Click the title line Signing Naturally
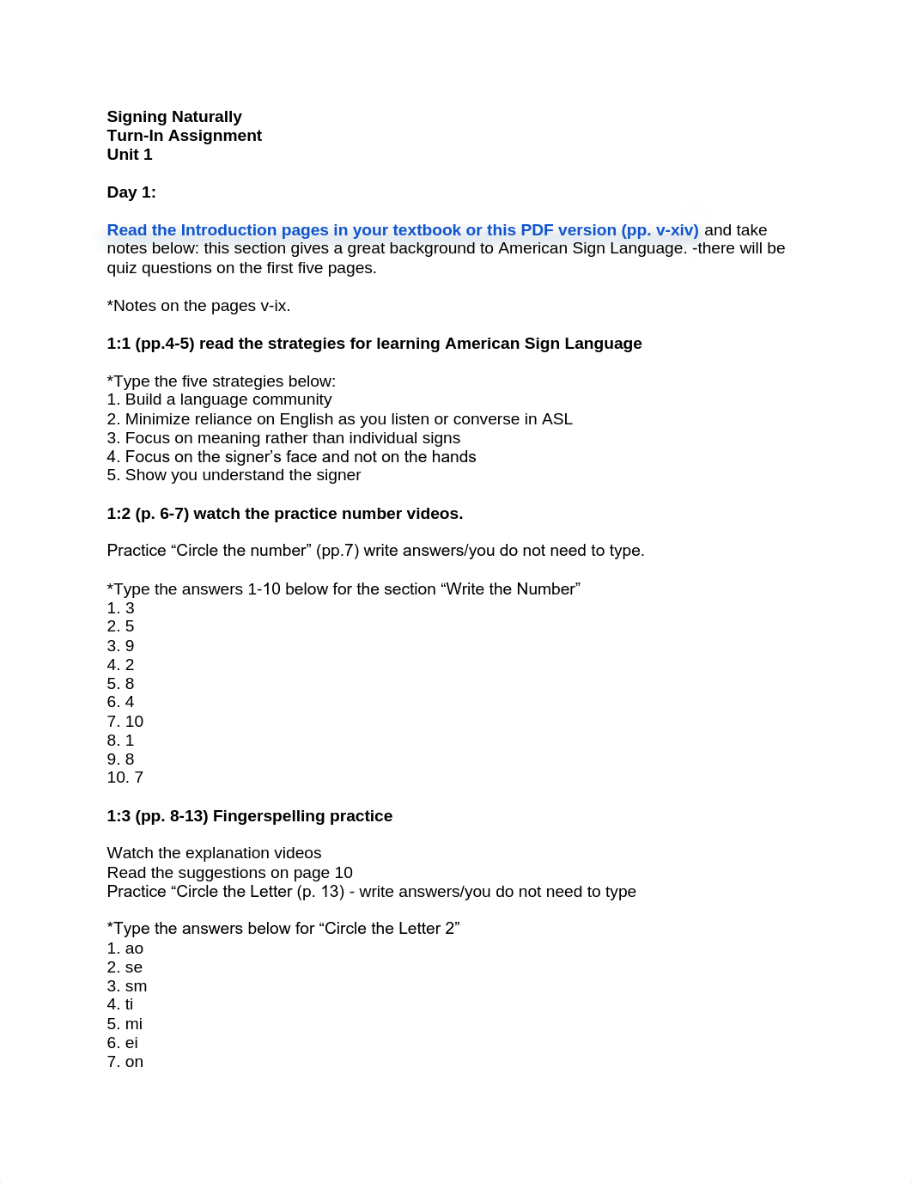174,117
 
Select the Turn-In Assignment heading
184,136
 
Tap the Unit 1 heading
130,155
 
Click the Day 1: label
131,192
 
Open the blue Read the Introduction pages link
402,230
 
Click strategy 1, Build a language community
219,399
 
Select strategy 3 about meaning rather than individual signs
283,438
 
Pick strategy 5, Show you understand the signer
234,475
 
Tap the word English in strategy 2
306,419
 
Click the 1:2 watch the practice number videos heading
284,514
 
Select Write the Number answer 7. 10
125,722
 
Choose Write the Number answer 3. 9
120,646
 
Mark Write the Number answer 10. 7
125,777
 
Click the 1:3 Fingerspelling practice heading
249,816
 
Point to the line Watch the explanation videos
214,853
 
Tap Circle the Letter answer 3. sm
127,986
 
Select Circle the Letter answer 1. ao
125,948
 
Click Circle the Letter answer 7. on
125,1062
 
